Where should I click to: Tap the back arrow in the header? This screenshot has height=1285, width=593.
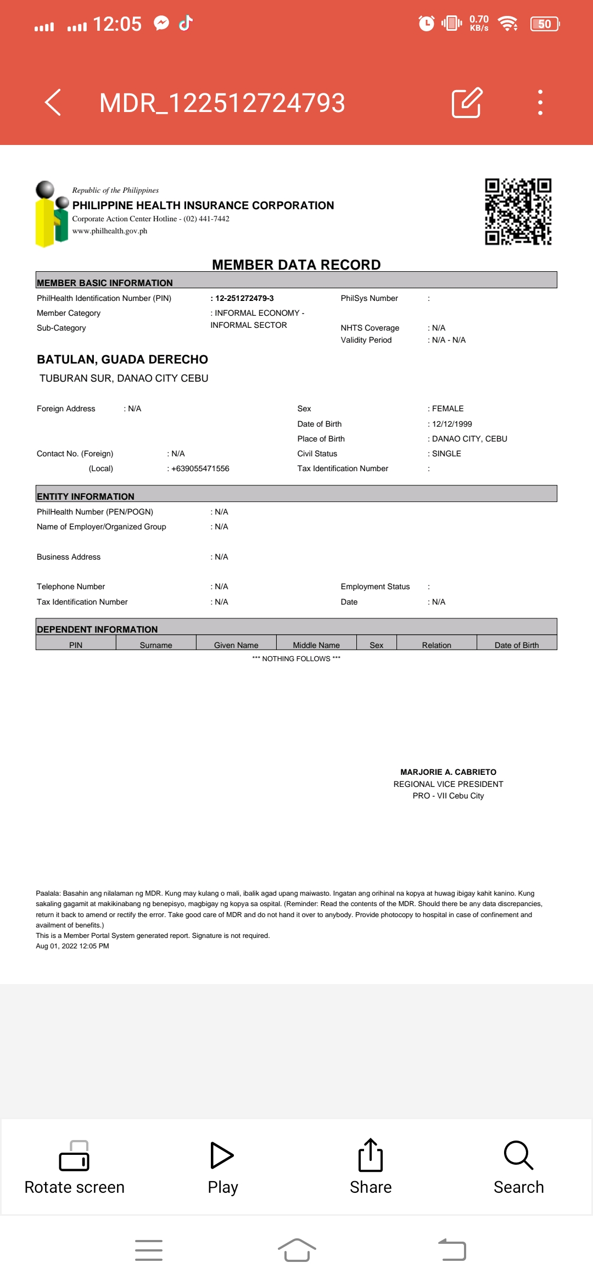click(x=53, y=102)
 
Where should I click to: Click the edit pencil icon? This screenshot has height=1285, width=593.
click(x=467, y=102)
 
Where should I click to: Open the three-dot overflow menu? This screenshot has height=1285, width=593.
click(x=540, y=102)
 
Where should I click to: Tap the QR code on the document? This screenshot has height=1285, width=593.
click(x=518, y=211)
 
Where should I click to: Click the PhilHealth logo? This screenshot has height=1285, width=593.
click(x=52, y=214)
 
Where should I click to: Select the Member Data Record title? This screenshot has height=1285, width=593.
click(x=296, y=265)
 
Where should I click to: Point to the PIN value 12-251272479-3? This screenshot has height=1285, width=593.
click(x=244, y=298)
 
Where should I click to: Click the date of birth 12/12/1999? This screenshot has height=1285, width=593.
click(x=452, y=424)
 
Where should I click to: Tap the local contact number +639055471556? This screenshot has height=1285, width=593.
click(x=200, y=468)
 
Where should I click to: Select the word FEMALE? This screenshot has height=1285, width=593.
click(x=447, y=409)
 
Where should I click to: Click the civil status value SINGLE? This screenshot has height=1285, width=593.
click(x=446, y=454)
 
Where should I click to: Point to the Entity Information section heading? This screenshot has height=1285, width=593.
click(x=86, y=496)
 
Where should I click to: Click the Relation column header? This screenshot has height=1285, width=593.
click(x=437, y=645)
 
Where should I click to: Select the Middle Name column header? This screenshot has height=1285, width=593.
click(x=316, y=645)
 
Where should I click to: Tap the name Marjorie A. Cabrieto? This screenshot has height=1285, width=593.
click(x=448, y=772)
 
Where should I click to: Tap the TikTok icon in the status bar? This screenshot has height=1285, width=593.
click(x=186, y=23)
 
